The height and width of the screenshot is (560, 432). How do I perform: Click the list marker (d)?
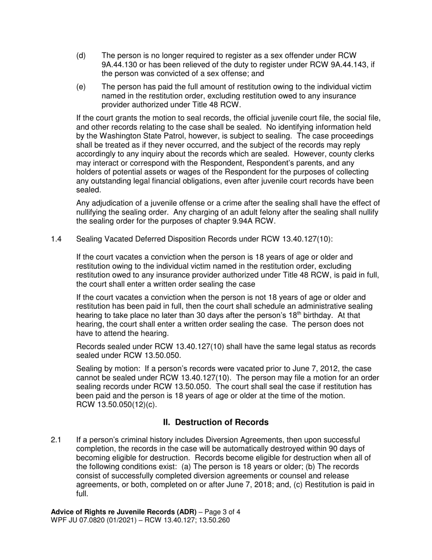80,56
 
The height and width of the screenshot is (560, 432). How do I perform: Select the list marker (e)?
80,87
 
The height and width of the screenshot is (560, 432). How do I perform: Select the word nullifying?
95,212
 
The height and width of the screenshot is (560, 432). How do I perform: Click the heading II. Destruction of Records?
216,423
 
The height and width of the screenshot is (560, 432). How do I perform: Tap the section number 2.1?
56,440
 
